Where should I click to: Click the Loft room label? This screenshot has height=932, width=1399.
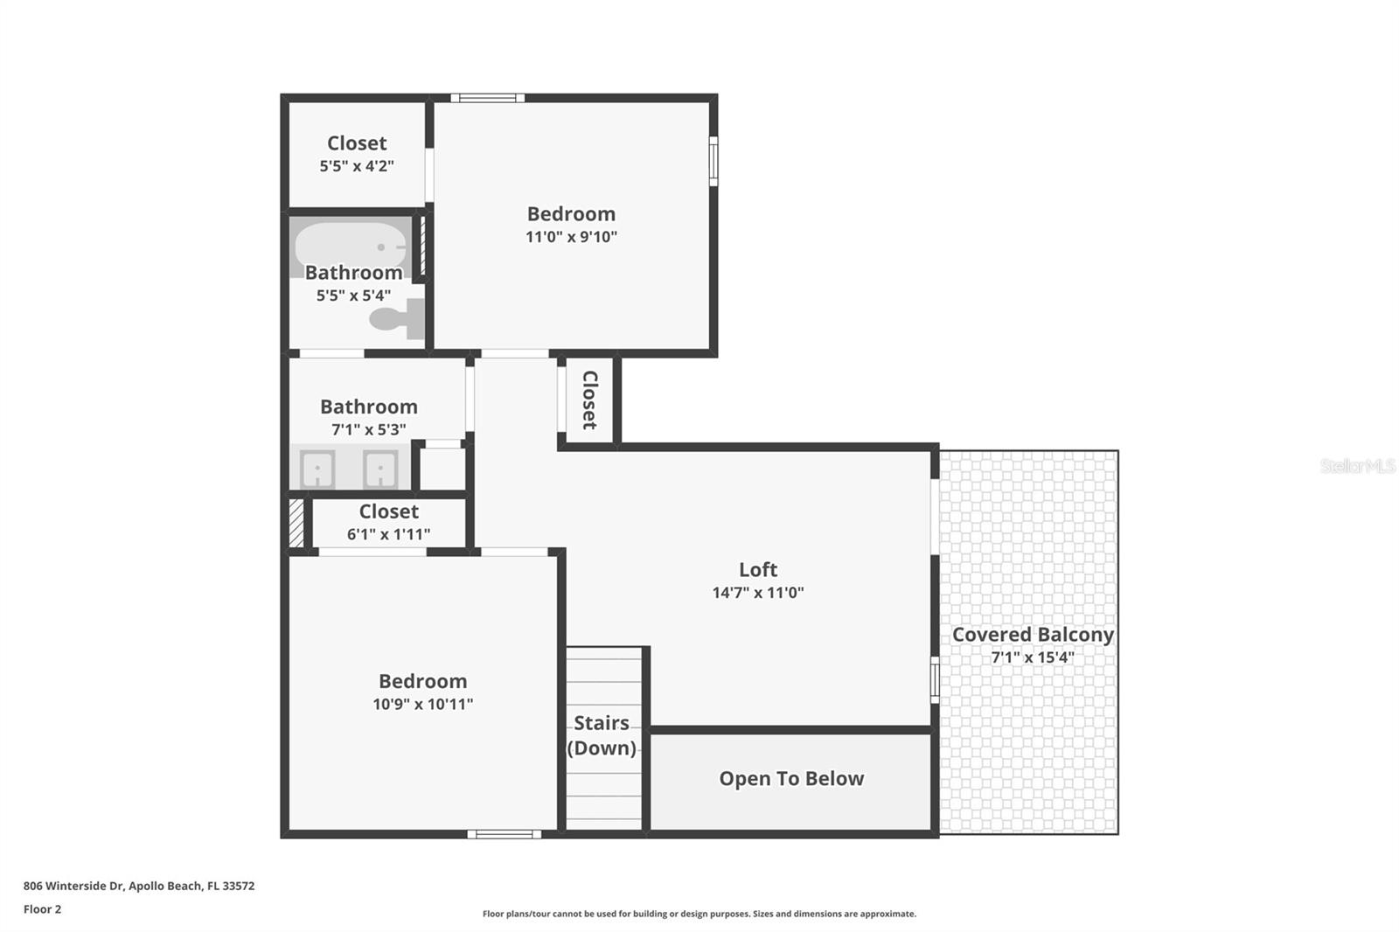tap(757, 570)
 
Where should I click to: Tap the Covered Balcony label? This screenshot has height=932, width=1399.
tap(1032, 635)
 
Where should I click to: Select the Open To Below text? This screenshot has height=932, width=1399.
tap(791, 779)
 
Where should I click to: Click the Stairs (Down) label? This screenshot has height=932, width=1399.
tap(602, 735)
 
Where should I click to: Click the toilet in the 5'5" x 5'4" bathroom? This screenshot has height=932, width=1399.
tap(391, 318)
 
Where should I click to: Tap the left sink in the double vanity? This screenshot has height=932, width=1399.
tap(317, 469)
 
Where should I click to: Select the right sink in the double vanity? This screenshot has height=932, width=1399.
tap(380, 469)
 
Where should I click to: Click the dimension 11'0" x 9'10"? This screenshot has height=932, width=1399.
tap(571, 237)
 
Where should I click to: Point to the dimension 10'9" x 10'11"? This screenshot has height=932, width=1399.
tap(422, 704)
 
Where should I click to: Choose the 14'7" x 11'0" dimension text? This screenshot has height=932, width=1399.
tap(757, 593)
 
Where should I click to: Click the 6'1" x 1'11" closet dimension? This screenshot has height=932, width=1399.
tap(388, 534)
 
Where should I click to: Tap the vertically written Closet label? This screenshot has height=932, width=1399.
tap(589, 400)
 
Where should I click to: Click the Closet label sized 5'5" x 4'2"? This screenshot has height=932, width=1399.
tap(357, 143)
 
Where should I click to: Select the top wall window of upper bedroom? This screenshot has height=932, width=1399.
tap(487, 98)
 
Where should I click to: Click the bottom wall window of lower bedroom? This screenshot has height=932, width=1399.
tap(504, 834)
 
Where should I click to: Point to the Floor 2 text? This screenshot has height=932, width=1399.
tap(42, 909)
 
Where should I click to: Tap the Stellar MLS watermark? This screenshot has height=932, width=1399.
tap(1357, 466)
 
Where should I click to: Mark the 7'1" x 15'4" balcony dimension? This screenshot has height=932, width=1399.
tap(1032, 657)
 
